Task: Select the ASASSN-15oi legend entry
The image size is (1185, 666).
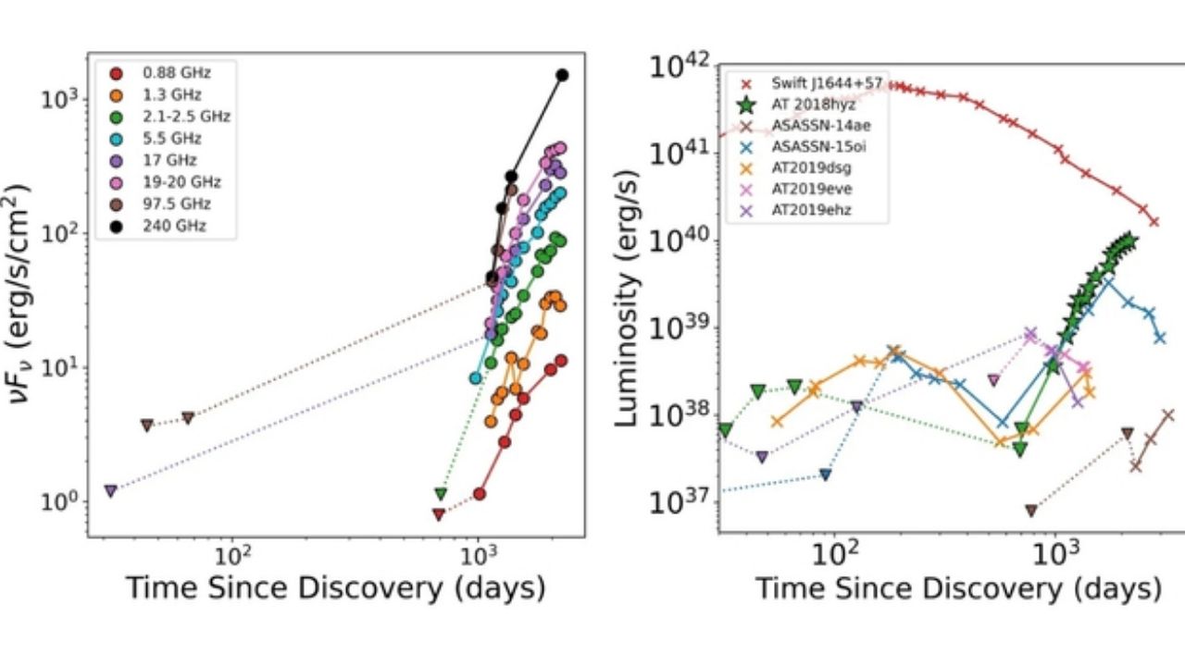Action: tap(805, 147)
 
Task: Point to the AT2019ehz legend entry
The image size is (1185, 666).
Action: tap(805, 210)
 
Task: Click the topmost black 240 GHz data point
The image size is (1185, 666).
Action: tap(562, 75)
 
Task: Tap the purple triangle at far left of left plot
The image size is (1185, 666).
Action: tap(110, 490)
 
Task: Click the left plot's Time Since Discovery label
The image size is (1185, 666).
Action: tap(334, 587)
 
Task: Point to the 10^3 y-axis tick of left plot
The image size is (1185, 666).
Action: tap(63, 98)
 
